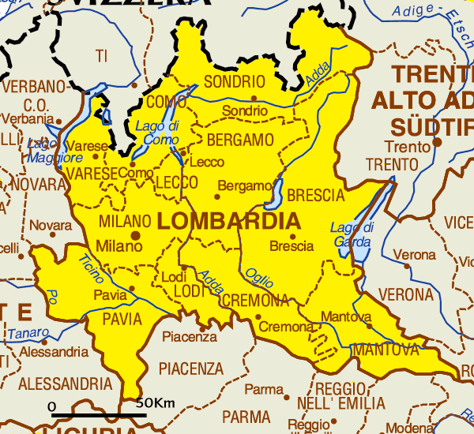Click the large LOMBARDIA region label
(229, 220)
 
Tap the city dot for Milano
(136, 234)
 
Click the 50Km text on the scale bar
(154, 403)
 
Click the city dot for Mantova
(368, 325)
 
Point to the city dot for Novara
(53, 234)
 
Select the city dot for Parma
(286, 397)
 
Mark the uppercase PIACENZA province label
(191, 369)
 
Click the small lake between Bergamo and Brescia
(277, 190)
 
